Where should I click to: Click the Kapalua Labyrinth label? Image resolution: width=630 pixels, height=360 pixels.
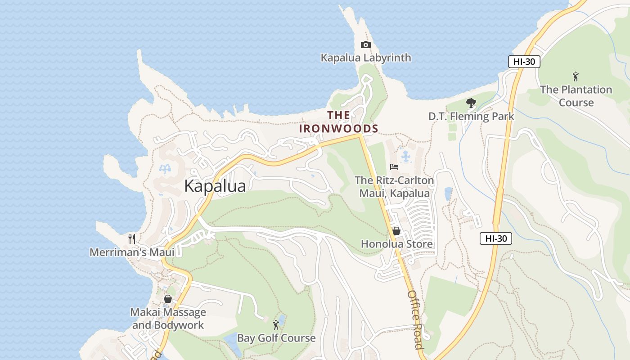pyautogui.click(x=365, y=58)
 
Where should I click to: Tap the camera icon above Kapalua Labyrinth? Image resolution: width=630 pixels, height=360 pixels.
pyautogui.click(x=365, y=45)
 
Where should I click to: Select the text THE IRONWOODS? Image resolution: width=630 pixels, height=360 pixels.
pyautogui.click(x=339, y=122)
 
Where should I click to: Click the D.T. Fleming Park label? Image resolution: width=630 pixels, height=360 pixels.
pyautogui.click(x=471, y=117)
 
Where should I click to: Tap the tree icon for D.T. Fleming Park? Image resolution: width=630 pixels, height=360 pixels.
pyautogui.click(x=471, y=103)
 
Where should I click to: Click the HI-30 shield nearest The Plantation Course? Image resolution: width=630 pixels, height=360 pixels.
pyautogui.click(x=524, y=62)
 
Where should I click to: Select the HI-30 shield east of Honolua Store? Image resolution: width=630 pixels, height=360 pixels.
pyautogui.click(x=495, y=238)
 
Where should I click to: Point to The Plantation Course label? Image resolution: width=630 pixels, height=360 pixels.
pyautogui.click(x=576, y=96)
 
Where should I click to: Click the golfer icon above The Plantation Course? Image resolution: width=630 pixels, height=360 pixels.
pyautogui.click(x=575, y=76)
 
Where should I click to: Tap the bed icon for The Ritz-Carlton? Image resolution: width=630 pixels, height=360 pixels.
pyautogui.click(x=394, y=166)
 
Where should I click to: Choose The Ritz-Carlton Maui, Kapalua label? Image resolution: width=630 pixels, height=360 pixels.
pyautogui.click(x=394, y=187)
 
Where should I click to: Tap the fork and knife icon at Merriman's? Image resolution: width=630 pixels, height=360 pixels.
pyautogui.click(x=131, y=238)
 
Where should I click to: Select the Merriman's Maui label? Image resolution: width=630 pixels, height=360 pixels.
pyautogui.click(x=132, y=252)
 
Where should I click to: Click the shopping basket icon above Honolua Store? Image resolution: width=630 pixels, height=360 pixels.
pyautogui.click(x=396, y=231)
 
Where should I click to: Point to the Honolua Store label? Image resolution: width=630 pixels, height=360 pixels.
pyautogui.click(x=396, y=244)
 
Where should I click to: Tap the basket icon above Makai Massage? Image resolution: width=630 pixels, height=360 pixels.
pyautogui.click(x=168, y=299)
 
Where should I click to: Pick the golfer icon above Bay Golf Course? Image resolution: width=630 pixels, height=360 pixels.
pyautogui.click(x=276, y=324)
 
